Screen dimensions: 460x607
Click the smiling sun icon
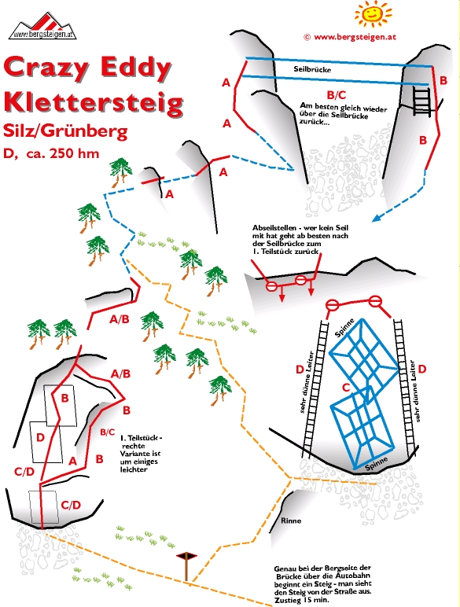[x=373, y=14]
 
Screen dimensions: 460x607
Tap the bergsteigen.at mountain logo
[x=42, y=26]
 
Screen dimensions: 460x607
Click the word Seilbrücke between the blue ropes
[x=312, y=69]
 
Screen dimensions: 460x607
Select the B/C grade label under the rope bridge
[x=336, y=95]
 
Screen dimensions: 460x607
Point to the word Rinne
[x=291, y=521]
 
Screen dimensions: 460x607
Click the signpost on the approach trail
[x=186, y=566]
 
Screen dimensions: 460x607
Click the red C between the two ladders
[x=346, y=387]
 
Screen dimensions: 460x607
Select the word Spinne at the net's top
[x=344, y=328]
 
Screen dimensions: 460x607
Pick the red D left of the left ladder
[x=300, y=370]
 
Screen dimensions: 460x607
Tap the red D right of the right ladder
[x=422, y=369]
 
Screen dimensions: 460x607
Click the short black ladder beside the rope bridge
[x=421, y=101]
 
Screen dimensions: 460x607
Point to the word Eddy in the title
[x=135, y=68]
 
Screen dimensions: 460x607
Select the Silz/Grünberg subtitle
[x=65, y=131]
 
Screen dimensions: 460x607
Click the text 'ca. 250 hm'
[x=63, y=153]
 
